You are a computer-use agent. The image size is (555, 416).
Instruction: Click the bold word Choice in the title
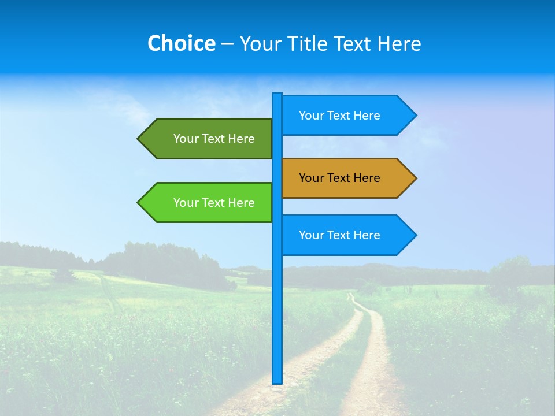(181, 43)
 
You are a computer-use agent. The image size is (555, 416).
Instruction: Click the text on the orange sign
(339, 178)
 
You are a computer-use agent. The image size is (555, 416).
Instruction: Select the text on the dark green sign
(214, 139)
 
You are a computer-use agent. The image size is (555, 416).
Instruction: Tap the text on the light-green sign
(214, 203)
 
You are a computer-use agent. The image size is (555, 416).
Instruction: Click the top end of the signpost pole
(277, 95)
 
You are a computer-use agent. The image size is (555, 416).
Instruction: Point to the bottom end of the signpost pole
(277, 381)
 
